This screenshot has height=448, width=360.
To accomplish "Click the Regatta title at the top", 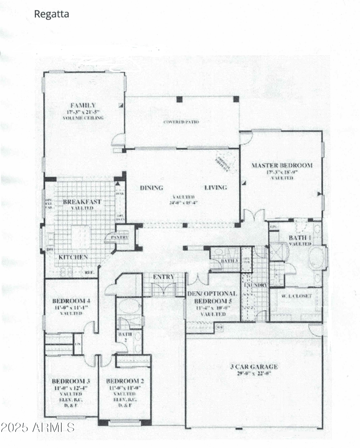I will point(51,14).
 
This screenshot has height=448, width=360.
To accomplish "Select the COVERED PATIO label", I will point(181,122).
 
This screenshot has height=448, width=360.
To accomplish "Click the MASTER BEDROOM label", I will point(281,166).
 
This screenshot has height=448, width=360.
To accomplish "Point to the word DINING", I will point(151,188).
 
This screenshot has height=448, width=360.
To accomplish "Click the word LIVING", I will point(216,188).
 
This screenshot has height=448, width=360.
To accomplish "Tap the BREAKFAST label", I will point(82,202).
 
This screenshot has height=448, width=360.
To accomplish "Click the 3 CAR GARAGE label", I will point(253,367).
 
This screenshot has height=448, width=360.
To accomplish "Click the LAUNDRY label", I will point(255,285).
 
